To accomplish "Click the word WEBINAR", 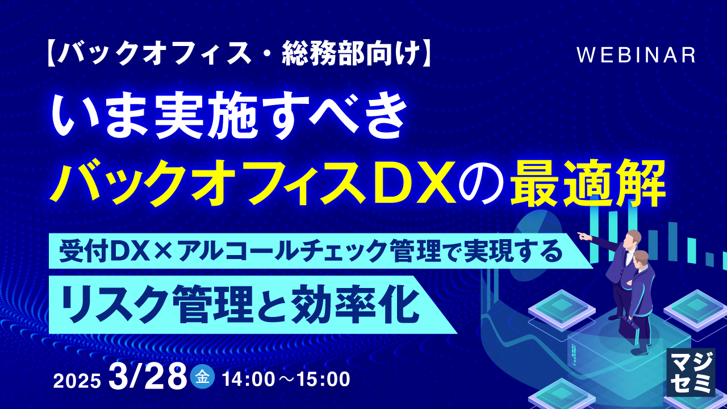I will (636, 55).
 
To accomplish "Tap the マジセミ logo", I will (691, 373).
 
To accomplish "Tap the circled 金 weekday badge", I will (203, 377).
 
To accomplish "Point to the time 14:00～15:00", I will (286, 379).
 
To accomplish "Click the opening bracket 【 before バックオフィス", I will (50, 55).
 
